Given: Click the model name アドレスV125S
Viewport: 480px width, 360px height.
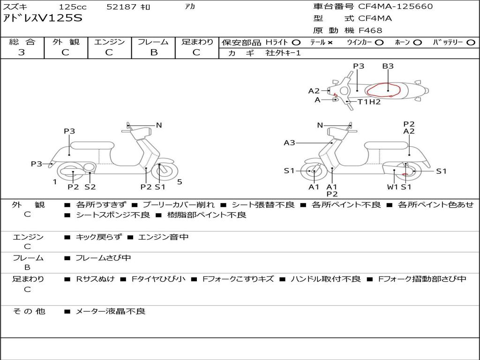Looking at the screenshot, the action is click(x=43, y=18).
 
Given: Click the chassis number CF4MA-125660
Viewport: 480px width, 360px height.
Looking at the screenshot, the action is click(x=396, y=7).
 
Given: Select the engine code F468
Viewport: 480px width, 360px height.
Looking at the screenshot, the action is click(x=370, y=30).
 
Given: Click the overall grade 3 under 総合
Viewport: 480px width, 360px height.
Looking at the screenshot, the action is click(x=22, y=52).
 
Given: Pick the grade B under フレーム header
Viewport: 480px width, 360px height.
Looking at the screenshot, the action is click(x=154, y=52).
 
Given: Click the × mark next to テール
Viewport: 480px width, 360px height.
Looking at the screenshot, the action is click(x=330, y=43).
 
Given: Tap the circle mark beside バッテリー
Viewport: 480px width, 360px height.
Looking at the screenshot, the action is click(x=471, y=43).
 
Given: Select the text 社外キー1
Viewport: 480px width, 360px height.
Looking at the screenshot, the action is click(x=283, y=53).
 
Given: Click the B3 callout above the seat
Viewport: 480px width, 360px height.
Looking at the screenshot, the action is click(x=388, y=66).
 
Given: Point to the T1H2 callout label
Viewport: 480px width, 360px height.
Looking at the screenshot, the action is click(x=369, y=102).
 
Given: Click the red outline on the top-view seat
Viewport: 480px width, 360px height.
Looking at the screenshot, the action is click(x=383, y=90).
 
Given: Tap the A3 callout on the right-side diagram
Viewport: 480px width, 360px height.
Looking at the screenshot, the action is click(x=289, y=142).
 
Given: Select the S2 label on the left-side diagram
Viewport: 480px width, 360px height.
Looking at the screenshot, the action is click(x=90, y=187).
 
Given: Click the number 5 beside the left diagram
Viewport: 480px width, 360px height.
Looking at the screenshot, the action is click(x=180, y=182).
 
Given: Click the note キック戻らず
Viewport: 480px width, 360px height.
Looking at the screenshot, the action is click(x=98, y=237).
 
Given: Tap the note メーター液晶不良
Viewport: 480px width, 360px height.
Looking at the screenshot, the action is click(x=110, y=311).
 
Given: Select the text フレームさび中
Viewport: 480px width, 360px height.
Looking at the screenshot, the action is click(x=103, y=258).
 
